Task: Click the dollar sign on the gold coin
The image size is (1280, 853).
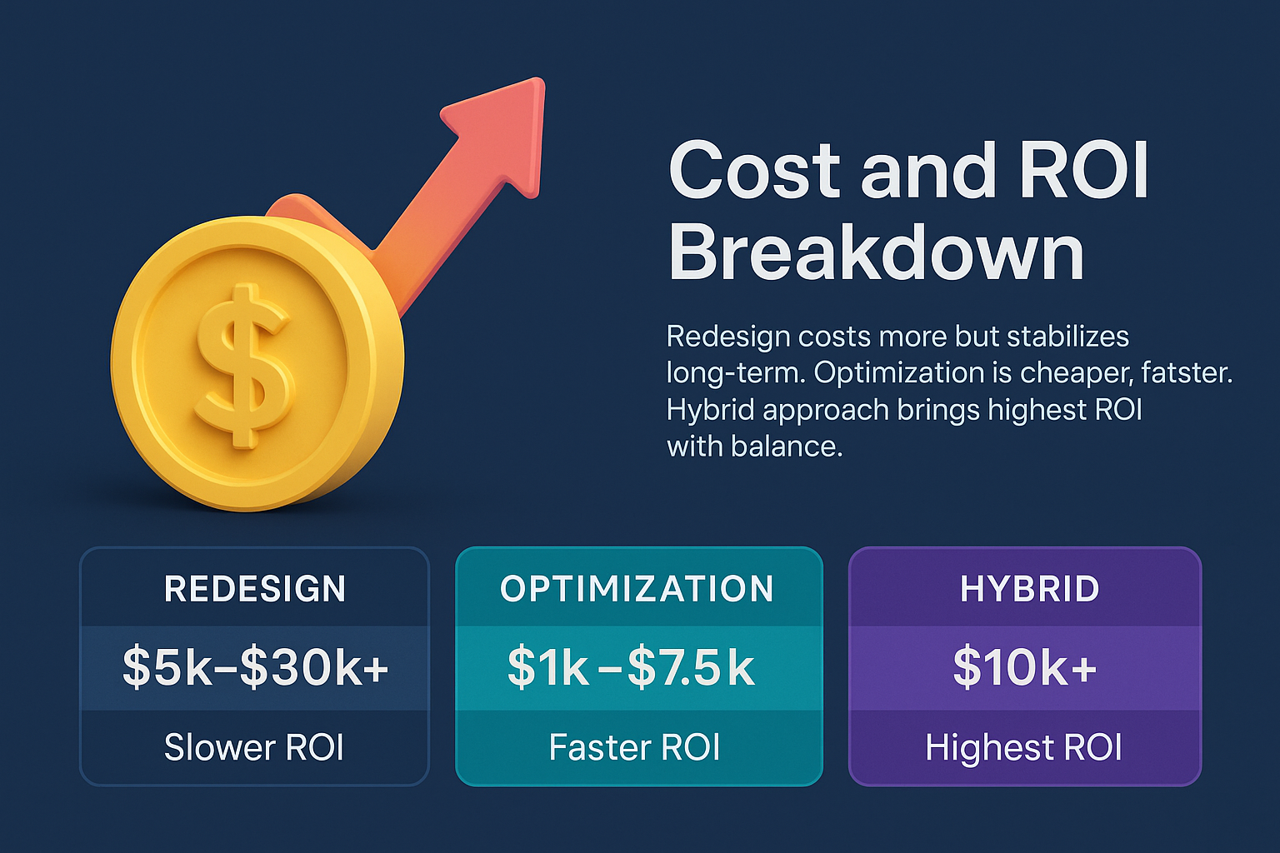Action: [243, 365]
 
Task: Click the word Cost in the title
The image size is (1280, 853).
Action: [754, 171]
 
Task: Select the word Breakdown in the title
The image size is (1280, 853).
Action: [876, 253]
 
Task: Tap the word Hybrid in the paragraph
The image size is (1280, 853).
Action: [710, 410]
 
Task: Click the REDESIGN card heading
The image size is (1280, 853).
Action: [255, 589]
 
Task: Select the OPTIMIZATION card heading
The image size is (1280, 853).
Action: [637, 589]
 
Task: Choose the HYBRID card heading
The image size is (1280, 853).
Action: [1029, 589]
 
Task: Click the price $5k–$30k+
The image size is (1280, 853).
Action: [255, 667]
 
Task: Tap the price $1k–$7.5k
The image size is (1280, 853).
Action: [631, 667]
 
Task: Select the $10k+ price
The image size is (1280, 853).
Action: [1024, 667]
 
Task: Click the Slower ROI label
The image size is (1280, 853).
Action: [254, 747]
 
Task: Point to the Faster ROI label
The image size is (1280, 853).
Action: [634, 747]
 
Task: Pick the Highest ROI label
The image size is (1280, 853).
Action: [1023, 747]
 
